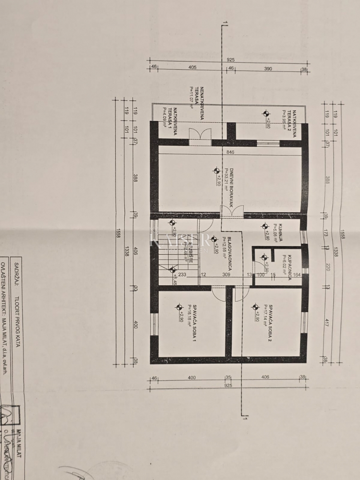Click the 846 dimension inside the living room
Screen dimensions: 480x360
229,152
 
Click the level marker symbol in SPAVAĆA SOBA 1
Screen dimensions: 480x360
179,307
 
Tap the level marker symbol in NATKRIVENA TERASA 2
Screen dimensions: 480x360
266,113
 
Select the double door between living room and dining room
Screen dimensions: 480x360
232,212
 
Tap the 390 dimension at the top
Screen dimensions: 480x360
268,69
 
